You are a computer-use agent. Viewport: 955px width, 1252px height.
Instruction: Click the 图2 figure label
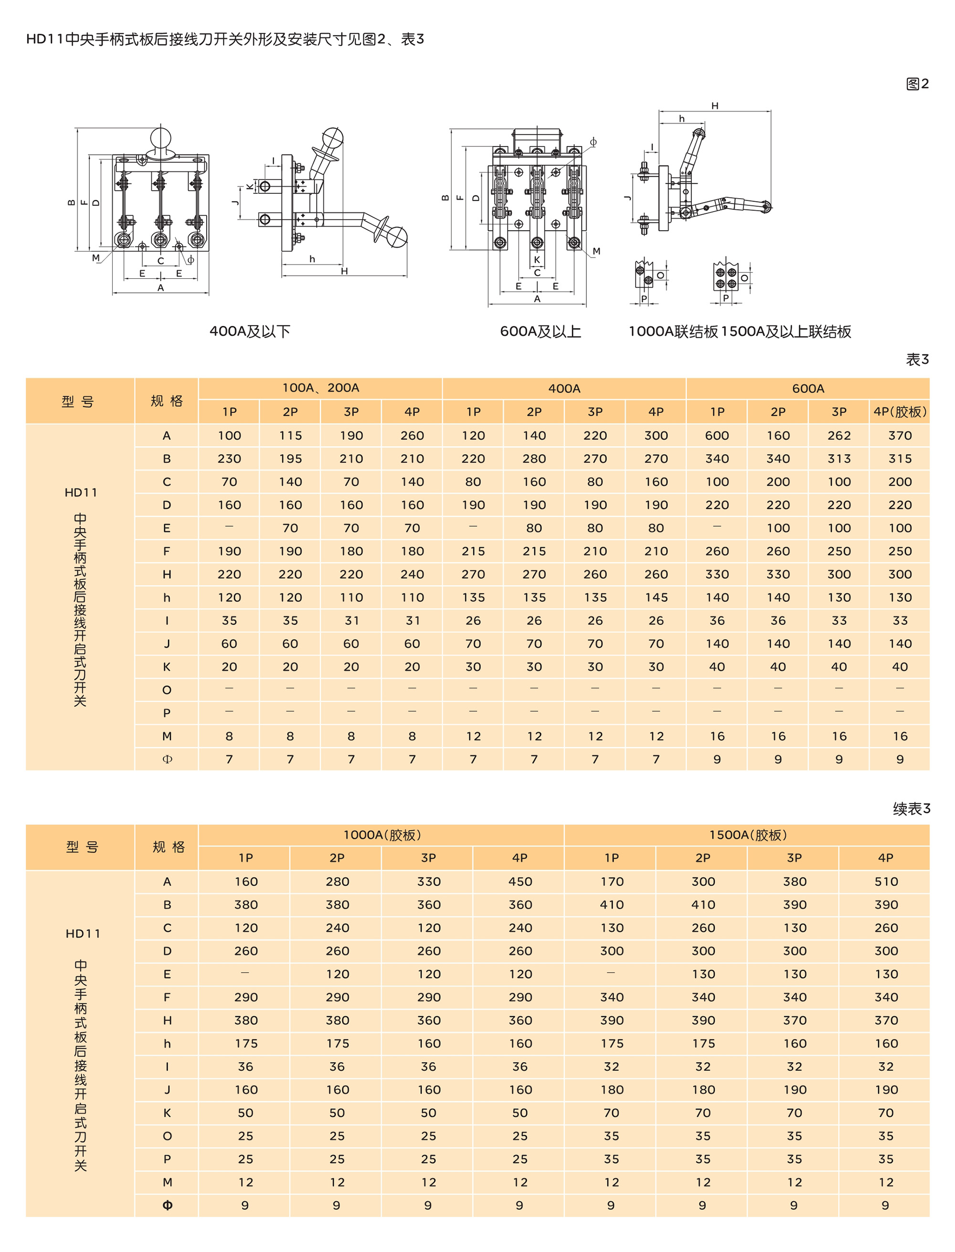coord(916,84)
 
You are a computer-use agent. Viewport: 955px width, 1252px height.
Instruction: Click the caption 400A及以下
coord(250,331)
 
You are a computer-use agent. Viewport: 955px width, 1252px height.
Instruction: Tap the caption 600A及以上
coord(540,331)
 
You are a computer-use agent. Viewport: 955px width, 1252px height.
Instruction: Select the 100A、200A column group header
coord(320,388)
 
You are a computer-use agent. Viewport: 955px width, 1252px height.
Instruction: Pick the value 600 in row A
coord(717,436)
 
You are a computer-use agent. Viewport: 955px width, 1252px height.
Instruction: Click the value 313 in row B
coord(839,458)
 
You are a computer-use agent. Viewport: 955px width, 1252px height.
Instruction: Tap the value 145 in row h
coord(656,598)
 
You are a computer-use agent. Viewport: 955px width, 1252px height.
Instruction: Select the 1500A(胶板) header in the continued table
coord(747,835)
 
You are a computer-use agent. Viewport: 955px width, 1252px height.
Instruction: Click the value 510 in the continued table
coord(886,882)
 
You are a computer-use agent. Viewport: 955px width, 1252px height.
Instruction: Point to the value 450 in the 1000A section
coord(520,882)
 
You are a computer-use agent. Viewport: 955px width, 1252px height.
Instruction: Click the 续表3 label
coord(911,809)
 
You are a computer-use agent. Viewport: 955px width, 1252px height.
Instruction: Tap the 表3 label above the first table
coord(917,360)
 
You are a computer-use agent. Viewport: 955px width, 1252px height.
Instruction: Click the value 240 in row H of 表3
coord(412,574)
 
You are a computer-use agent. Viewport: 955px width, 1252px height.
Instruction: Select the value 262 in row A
coord(839,436)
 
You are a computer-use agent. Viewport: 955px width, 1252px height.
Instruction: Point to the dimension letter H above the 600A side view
coord(714,106)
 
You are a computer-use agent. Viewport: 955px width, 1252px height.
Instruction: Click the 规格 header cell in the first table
coord(167,401)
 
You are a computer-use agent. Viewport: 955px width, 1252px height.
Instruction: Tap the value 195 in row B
coord(290,458)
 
